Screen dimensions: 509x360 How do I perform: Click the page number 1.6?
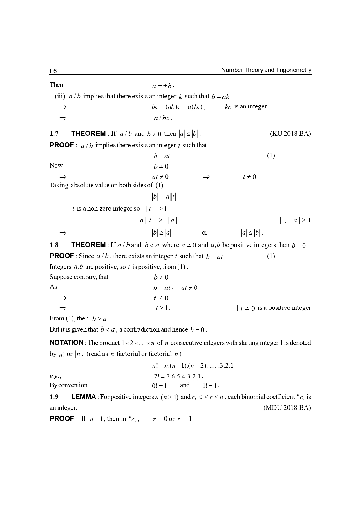click(x=53, y=71)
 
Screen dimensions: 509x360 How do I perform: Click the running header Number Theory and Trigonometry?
click(x=266, y=70)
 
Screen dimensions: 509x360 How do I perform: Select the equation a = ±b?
click(x=162, y=86)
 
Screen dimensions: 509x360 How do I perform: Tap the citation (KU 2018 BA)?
click(x=290, y=133)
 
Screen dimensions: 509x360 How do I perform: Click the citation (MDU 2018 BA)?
click(x=287, y=407)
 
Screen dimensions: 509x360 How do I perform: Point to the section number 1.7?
click(x=54, y=133)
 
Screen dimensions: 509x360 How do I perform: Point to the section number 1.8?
click(x=54, y=245)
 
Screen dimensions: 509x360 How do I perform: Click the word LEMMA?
click(x=84, y=397)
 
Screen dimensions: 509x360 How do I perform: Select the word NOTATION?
click(x=66, y=343)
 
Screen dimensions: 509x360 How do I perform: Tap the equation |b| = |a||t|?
click(x=164, y=197)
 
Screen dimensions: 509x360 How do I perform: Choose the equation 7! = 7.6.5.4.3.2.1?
click(x=178, y=376)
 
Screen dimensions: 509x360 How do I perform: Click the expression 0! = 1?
click(x=159, y=386)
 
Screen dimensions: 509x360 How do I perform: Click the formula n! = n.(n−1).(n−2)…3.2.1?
click(x=193, y=366)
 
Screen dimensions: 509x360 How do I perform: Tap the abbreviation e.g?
click(x=55, y=376)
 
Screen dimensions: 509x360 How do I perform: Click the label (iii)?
click(x=60, y=96)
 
